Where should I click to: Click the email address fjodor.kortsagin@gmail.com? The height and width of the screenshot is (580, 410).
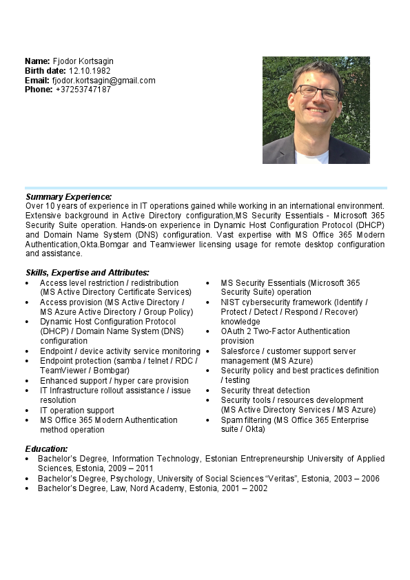pyautogui.click(x=103, y=80)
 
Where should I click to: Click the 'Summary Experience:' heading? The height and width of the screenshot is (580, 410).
pyautogui.click(x=68, y=197)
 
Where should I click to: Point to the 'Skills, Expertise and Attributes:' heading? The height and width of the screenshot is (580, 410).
pyautogui.click(x=87, y=273)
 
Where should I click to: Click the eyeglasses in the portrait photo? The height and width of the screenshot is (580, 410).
pyautogui.click(x=317, y=92)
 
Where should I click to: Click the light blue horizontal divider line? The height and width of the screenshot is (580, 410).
pyautogui.click(x=205, y=187)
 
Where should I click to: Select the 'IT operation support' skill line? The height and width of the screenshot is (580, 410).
pyautogui.click(x=77, y=411)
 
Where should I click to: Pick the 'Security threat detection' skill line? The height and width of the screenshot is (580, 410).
pyautogui.click(x=265, y=391)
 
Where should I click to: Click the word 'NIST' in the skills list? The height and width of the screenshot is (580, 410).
pyautogui.click(x=230, y=302)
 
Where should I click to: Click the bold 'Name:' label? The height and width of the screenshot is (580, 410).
pyautogui.click(x=37, y=61)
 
